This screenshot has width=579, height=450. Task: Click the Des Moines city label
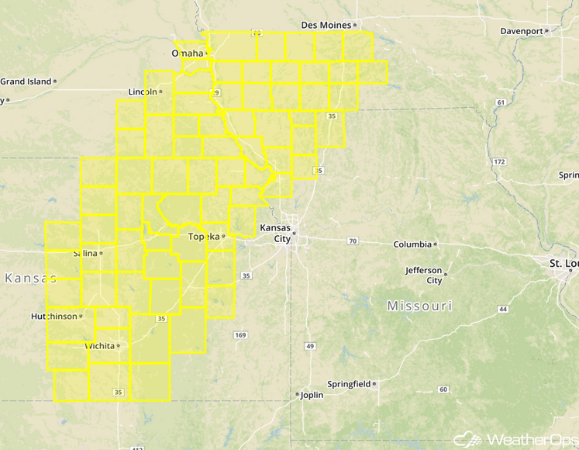click(x=326, y=25)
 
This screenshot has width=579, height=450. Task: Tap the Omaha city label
click(x=186, y=53)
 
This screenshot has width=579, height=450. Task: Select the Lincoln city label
click(x=143, y=92)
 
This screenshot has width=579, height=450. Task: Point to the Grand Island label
click(x=26, y=81)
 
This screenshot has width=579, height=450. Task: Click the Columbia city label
click(x=412, y=244)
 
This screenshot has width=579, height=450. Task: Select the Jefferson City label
click(x=423, y=275)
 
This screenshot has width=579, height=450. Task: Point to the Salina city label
click(x=84, y=253)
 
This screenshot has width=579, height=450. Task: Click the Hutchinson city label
click(x=54, y=317)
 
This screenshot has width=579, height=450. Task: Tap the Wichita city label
click(x=100, y=345)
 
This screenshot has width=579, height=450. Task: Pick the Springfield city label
click(x=348, y=384)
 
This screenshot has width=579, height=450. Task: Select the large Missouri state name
click(x=419, y=306)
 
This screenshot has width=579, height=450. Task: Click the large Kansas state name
click(x=30, y=278)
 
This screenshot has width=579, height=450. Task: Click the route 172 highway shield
click(x=499, y=161)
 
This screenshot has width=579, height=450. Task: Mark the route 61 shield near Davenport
click(x=501, y=102)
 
